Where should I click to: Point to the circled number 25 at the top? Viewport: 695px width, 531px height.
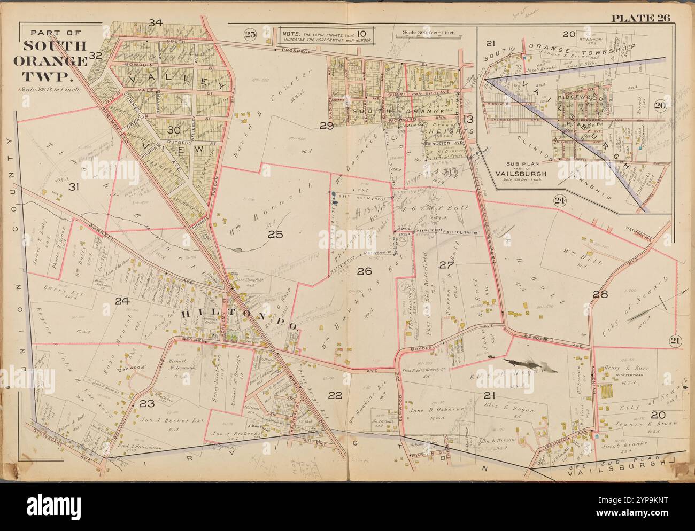coord(250,35)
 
